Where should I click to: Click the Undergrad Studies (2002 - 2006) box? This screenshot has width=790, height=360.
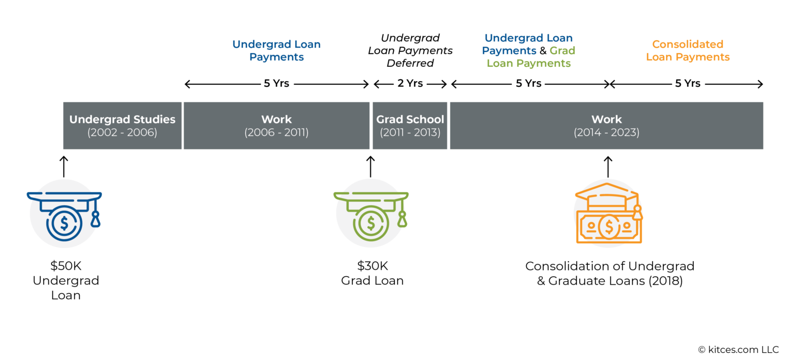pos(122,125)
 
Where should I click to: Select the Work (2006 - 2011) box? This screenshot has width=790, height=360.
pos(276,125)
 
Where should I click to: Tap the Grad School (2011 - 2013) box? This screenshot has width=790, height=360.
pos(410,125)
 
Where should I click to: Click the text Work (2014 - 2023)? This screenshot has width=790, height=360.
pos(606,126)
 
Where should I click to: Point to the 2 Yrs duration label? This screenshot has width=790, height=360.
pos(410,83)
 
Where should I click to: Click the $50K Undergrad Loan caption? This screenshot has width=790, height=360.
pos(66,280)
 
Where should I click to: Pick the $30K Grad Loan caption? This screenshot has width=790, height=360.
pos(372,273)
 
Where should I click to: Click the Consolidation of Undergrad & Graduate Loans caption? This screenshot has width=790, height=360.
pos(609,273)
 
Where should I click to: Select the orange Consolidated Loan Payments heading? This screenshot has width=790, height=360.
pos(688,50)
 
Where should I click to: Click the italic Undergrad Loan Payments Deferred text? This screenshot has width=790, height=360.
pos(410,50)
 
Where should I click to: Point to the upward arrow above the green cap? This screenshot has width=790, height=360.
pos(370,167)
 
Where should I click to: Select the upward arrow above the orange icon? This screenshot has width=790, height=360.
pos(608,167)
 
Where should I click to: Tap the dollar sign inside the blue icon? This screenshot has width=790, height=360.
pos(64,223)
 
